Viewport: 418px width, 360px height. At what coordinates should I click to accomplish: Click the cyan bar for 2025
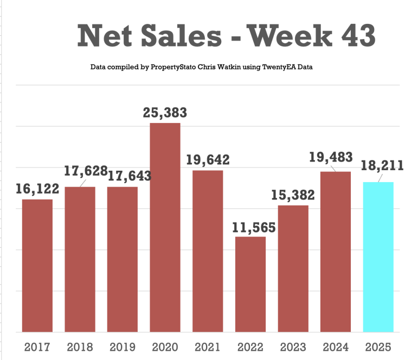tap(378, 257)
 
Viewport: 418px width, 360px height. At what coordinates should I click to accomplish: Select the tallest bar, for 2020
tap(165, 228)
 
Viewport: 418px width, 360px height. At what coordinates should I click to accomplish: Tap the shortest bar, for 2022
tap(250, 284)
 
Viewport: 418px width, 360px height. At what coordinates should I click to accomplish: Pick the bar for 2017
tap(37, 266)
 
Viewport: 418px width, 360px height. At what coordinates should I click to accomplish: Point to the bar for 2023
tap(293, 268)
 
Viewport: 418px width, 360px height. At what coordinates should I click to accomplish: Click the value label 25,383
tap(165, 113)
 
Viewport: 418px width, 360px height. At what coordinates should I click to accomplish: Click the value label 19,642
tap(208, 160)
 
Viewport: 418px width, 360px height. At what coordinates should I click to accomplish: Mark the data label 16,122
tap(37, 189)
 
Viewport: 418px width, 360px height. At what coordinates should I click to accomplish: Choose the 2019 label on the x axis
tap(123, 347)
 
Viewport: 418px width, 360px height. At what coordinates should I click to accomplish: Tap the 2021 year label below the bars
tap(208, 347)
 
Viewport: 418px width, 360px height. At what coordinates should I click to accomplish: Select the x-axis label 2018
tap(80, 347)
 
